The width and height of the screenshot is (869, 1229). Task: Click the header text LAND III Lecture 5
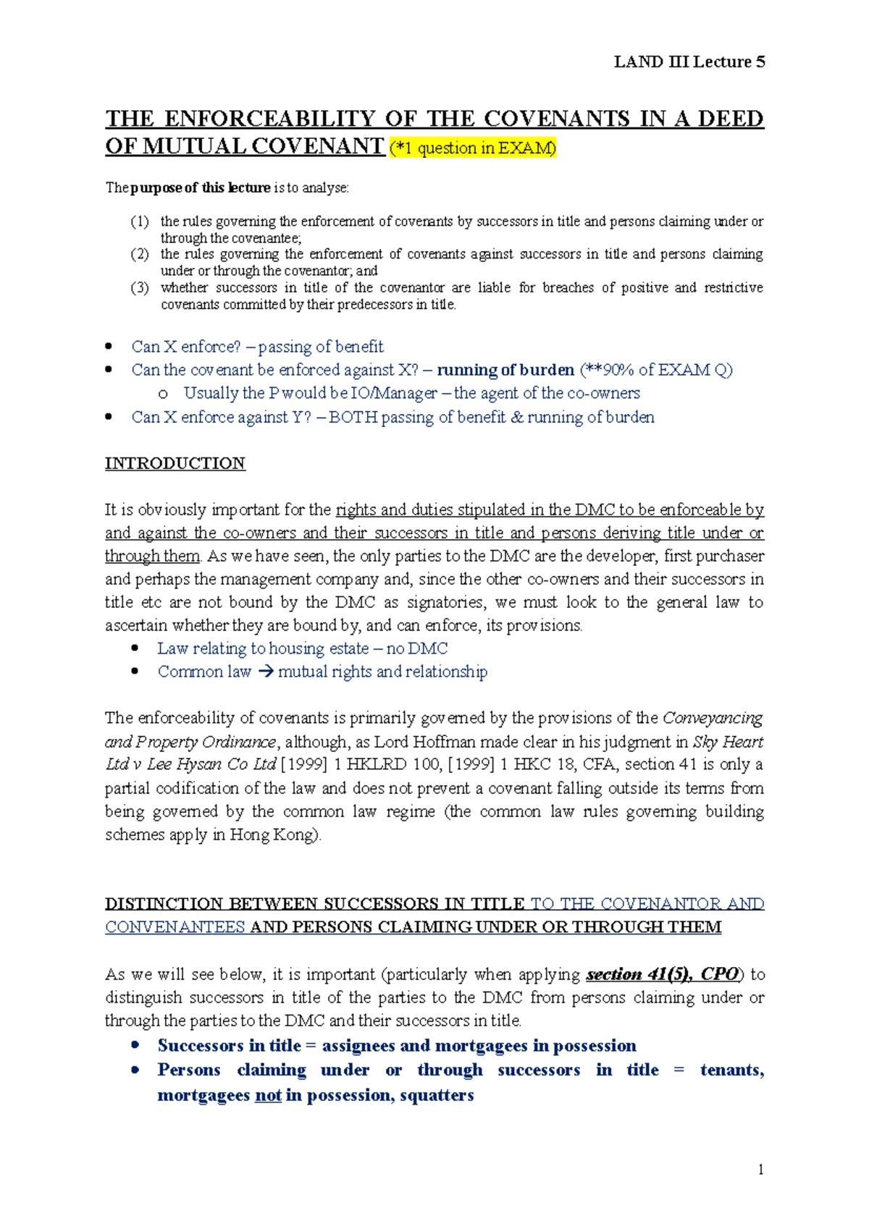pyautogui.click(x=689, y=62)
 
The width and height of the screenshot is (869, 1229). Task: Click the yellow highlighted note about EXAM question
pyautogui.click(x=473, y=148)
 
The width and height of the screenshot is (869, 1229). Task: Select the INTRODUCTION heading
pyautogui.click(x=175, y=463)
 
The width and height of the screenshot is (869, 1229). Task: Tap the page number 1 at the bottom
pyautogui.click(x=760, y=1170)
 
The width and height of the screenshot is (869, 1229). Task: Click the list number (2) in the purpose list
pyautogui.click(x=140, y=254)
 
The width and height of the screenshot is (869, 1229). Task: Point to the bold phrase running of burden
pyautogui.click(x=505, y=370)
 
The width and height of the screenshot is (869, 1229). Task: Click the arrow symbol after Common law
pyautogui.click(x=265, y=672)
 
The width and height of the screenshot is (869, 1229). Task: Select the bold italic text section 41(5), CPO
pyautogui.click(x=662, y=974)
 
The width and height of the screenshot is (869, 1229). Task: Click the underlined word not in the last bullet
pyautogui.click(x=268, y=1095)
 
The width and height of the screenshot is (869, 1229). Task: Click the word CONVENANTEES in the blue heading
pyautogui.click(x=175, y=927)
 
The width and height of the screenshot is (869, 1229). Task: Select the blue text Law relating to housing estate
pyautogui.click(x=263, y=649)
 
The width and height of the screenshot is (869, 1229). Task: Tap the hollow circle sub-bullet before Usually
pyautogui.click(x=163, y=394)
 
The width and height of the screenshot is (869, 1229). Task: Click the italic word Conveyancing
pyautogui.click(x=713, y=718)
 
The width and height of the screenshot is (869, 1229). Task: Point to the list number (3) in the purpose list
pyautogui.click(x=140, y=287)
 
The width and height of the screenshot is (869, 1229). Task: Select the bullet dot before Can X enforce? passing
pyautogui.click(x=109, y=347)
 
